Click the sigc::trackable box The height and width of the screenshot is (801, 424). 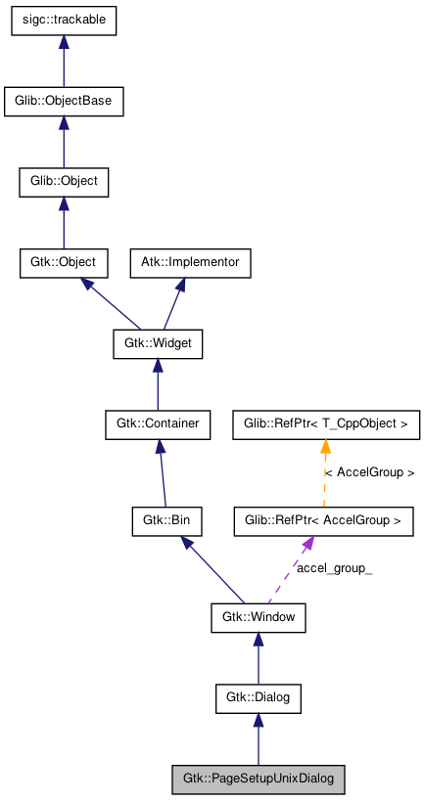point(64,22)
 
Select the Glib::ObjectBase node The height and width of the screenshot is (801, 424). point(64,102)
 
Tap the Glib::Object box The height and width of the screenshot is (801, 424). point(64,182)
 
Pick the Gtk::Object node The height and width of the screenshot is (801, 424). point(64,263)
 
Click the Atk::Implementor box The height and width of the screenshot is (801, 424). point(190,263)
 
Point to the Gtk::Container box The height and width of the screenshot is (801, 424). point(158,424)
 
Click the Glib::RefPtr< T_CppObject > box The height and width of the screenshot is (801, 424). point(326,424)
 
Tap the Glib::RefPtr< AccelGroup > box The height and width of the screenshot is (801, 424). point(323,521)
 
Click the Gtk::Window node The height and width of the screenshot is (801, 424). point(259,618)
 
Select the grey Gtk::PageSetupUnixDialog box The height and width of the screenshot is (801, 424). point(259,779)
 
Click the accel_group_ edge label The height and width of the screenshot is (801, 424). point(335,568)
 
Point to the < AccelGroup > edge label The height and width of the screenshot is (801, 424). point(369,473)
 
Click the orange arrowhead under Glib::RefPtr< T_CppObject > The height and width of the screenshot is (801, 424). point(325,446)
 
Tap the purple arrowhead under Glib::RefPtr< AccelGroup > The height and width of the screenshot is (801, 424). point(307,544)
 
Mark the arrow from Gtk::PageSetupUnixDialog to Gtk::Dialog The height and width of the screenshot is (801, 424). point(259,739)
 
